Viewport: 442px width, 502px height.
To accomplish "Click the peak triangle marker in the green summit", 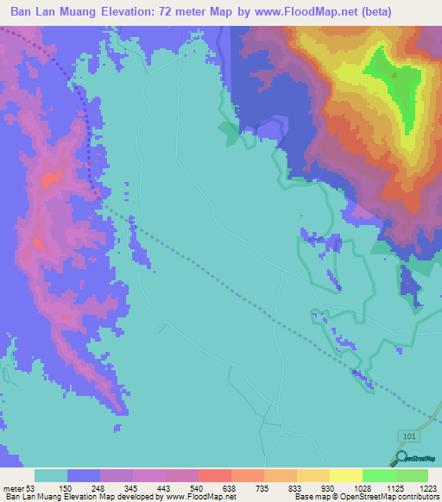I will click(395, 74).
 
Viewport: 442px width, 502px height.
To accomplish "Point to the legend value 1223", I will click(428, 488).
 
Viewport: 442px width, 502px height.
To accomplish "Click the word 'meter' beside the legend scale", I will click(13, 488).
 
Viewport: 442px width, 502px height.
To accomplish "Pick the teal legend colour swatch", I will click(51, 475).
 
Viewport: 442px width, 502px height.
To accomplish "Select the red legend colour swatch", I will click(215, 475).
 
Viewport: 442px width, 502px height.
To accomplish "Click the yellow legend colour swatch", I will click(346, 475).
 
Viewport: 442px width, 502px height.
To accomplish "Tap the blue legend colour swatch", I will click(84, 475).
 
